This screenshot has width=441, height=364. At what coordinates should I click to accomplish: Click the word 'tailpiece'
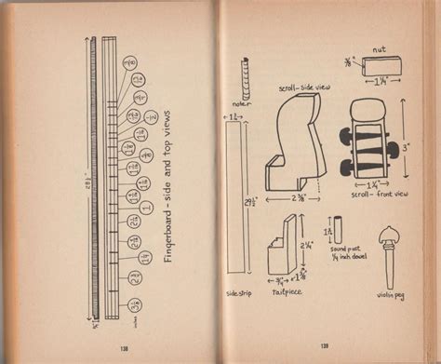[x=286, y=292]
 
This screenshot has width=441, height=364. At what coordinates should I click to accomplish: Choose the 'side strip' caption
[x=238, y=293]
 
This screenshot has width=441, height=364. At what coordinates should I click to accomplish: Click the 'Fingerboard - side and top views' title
[x=171, y=195]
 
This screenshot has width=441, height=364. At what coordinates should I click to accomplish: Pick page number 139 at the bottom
[x=324, y=346]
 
